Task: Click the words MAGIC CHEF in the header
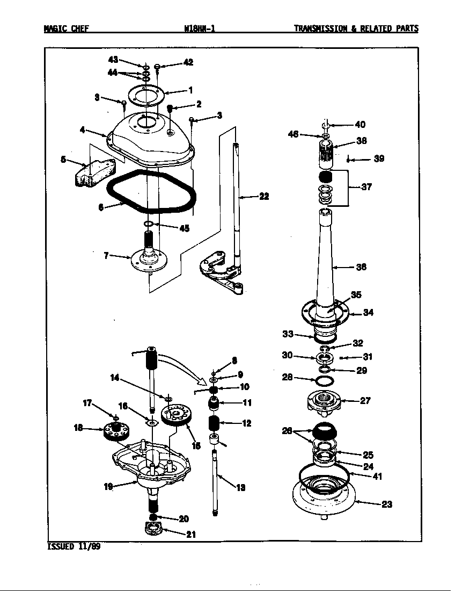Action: [66, 29]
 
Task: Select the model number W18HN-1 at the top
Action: [199, 29]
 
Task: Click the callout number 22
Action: [263, 197]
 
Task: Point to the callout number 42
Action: [188, 62]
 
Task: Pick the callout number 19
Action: [108, 487]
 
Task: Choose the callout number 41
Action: [377, 476]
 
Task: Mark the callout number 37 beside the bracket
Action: [366, 187]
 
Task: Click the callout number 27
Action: [365, 400]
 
